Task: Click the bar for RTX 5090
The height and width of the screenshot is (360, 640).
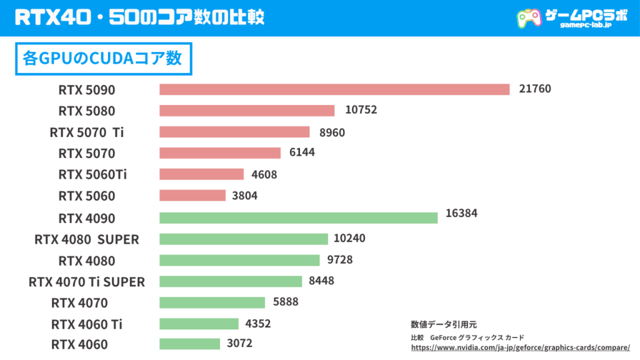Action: pyautogui.click(x=334, y=89)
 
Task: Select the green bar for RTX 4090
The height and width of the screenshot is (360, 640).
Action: pyautogui.click(x=298, y=217)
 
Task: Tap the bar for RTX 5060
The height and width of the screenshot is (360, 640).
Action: pyautogui.click(x=192, y=196)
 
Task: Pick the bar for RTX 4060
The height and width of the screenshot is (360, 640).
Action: pyautogui.click(x=189, y=344)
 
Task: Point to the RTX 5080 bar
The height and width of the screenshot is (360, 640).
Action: pyautogui.click(x=247, y=111)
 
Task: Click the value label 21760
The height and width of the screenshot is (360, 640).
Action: pyautogui.click(x=535, y=89)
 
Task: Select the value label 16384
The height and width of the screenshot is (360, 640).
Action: pyautogui.click(x=461, y=213)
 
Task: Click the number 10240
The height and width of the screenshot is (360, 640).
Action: pyautogui.click(x=349, y=238)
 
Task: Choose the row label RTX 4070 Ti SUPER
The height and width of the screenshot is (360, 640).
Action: pyautogui.click(x=87, y=282)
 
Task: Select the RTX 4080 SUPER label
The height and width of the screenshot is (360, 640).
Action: pyautogui.click(x=87, y=239)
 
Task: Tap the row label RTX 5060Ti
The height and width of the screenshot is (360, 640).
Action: pyautogui.click(x=92, y=174)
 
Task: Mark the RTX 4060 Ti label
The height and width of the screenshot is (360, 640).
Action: pyautogui.click(x=87, y=324)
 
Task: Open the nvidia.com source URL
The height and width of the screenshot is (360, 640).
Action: pyautogui.click(x=520, y=347)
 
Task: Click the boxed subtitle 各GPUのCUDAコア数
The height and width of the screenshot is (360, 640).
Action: pyautogui.click(x=102, y=59)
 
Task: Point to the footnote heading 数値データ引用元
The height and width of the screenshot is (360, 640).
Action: pyautogui.click(x=443, y=324)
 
